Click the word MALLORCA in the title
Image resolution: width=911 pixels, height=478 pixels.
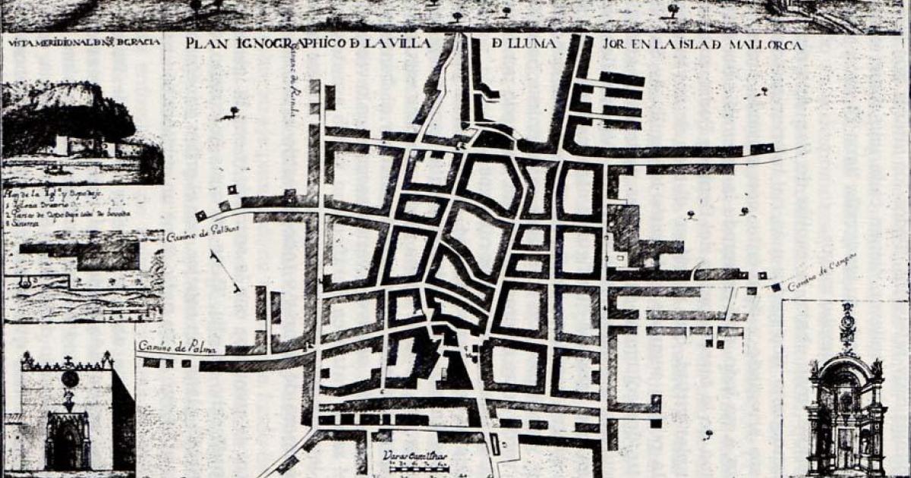767,45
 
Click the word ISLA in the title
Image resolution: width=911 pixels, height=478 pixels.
687,45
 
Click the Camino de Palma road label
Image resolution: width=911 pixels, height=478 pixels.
176,348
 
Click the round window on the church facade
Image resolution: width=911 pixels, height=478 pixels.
69,378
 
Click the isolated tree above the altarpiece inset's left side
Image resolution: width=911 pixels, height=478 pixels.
708,433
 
